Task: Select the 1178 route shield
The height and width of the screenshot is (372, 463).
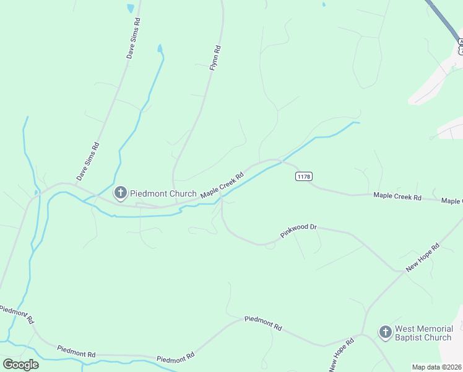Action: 303,177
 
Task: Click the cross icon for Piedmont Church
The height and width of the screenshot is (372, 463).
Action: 121,193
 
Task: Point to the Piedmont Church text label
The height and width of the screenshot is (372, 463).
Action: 163,193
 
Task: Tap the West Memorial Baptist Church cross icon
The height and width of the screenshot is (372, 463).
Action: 385,332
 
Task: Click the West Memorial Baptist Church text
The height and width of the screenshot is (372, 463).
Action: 423,333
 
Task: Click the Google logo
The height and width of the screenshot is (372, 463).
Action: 20,364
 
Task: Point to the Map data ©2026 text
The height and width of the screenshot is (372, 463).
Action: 437,367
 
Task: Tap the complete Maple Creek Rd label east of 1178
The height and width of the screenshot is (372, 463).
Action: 397,197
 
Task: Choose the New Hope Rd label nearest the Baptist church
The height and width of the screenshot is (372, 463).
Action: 342,355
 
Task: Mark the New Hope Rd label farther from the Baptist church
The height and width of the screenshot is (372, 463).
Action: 422,257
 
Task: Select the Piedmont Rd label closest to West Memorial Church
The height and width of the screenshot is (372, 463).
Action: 263,322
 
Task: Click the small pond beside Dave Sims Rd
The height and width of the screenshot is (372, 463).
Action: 130,8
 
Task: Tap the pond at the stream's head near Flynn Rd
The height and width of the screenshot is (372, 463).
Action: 160,48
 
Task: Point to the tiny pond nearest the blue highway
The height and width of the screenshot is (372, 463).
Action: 323,4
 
